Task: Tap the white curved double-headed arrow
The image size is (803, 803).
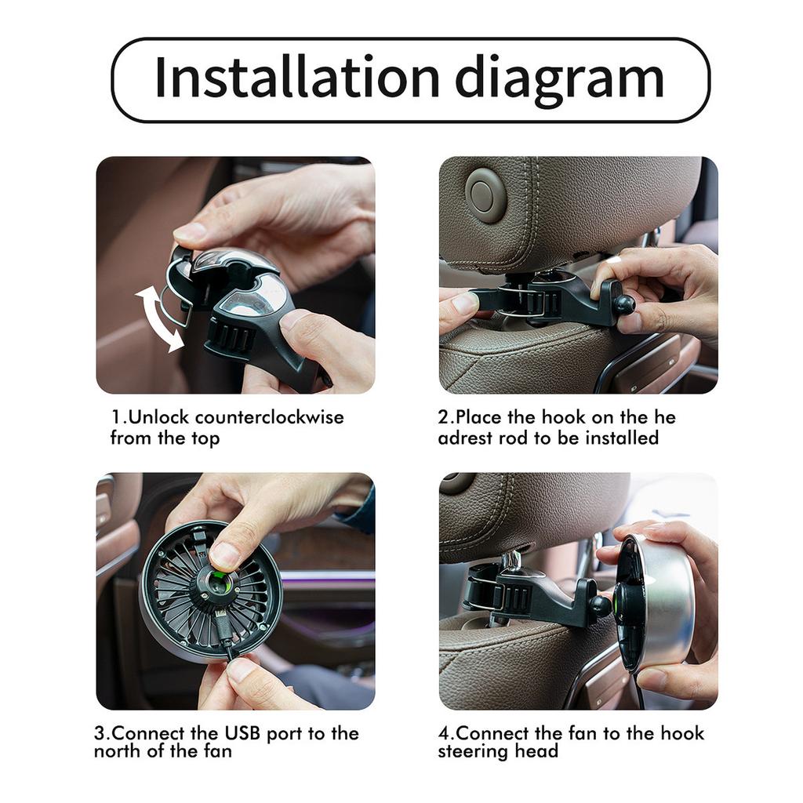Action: click(160, 318)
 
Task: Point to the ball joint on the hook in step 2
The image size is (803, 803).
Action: click(624, 304)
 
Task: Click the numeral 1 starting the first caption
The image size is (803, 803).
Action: click(115, 416)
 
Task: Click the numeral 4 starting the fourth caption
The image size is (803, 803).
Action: click(443, 733)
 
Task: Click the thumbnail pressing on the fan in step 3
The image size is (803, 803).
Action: click(224, 555)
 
